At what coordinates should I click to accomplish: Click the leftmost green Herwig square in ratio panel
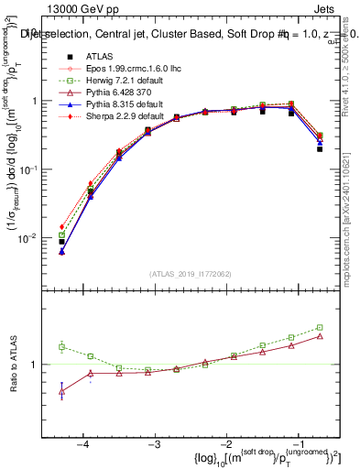pyautogui.click(x=61, y=346)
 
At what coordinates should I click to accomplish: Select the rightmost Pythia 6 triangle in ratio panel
pyautogui.click(x=320, y=336)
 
